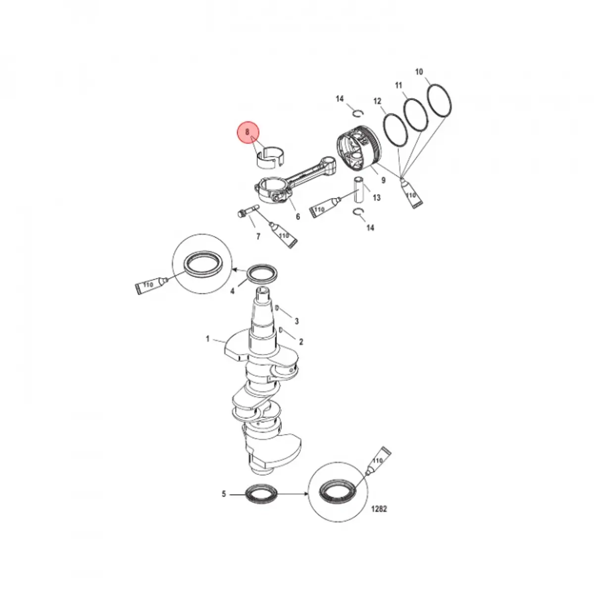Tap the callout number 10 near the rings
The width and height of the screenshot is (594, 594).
[419, 72]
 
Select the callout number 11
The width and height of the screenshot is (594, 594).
[398, 85]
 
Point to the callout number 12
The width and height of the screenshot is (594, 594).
[377, 101]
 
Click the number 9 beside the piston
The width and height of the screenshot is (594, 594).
[383, 180]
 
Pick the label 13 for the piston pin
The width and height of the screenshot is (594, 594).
[377, 198]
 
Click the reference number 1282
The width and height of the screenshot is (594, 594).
[379, 509]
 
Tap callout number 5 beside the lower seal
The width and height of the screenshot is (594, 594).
[224, 494]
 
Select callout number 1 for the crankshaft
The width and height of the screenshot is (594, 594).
[207, 339]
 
